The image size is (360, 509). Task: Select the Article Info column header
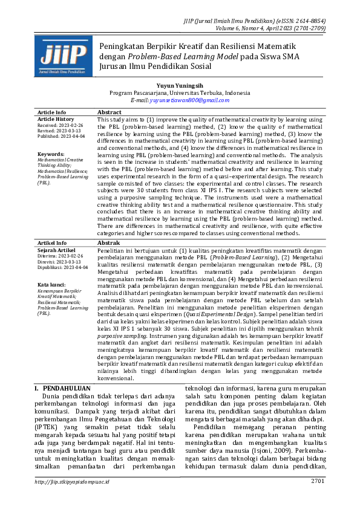point(52,112)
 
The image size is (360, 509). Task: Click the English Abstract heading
point(110,112)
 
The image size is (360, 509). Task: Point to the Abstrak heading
point(109,242)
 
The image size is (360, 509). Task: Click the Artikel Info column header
point(52,242)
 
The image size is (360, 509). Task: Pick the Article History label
point(56,120)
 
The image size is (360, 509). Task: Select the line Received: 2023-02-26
point(61,125)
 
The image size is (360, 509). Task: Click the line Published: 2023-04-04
point(62,136)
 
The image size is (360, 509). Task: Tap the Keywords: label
point(51,154)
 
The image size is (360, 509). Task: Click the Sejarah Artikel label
point(56,250)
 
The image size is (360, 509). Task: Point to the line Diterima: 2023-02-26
point(61,255)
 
